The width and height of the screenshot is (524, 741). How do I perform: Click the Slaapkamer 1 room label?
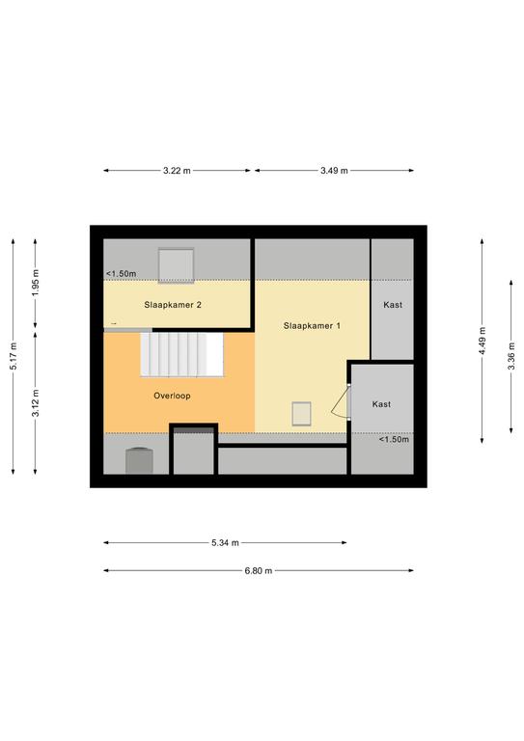point(312,325)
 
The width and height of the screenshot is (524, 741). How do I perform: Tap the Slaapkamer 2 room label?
point(173,305)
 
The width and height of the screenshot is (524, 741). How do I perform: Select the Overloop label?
point(172,396)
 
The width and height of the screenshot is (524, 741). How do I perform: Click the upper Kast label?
point(393,305)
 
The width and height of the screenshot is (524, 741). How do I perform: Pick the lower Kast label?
point(381,404)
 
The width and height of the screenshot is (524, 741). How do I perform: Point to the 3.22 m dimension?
point(178,171)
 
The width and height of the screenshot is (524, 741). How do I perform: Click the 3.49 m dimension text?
point(334,171)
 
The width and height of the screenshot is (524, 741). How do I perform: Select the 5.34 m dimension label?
point(226,543)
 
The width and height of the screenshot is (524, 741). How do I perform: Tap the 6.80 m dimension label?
point(259,570)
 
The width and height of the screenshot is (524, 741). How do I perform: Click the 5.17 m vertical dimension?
point(14,356)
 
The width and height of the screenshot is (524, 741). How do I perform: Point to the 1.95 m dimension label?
point(36,283)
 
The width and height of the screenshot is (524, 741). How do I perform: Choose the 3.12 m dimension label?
point(36,403)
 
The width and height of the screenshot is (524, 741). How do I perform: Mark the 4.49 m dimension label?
point(482,341)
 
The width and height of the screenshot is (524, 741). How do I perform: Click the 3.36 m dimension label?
point(511,357)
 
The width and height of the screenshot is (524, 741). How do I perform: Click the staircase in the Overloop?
point(182,354)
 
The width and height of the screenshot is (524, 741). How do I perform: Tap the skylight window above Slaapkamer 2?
point(177,265)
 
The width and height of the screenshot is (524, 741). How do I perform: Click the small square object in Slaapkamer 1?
point(301,414)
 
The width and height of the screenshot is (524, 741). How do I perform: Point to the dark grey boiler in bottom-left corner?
point(139,460)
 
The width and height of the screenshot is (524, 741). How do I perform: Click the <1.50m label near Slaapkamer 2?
point(122,274)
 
